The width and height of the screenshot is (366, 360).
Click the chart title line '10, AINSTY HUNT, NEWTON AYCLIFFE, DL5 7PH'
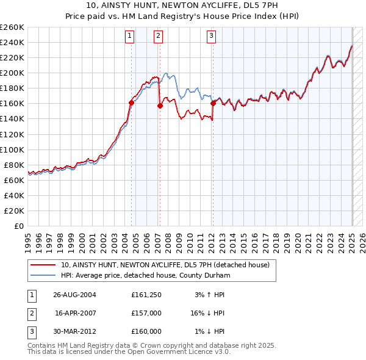(x=183, y=6)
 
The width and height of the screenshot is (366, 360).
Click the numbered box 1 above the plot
(x=131, y=37)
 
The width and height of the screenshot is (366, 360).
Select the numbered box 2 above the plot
(x=158, y=37)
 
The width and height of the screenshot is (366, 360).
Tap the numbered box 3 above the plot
(x=211, y=37)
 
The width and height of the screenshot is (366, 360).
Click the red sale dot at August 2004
(x=132, y=103)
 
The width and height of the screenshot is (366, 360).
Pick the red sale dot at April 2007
(x=160, y=106)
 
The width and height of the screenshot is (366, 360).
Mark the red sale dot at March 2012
(x=213, y=103)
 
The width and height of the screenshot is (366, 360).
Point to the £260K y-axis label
(x=12, y=27)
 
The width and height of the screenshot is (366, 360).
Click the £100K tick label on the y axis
(x=12, y=149)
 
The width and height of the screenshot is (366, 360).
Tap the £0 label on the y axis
(x=20, y=226)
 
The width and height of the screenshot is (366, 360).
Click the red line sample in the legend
(x=44, y=265)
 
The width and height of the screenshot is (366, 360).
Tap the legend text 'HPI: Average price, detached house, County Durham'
(x=144, y=275)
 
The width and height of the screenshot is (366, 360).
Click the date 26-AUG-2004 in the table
(x=74, y=295)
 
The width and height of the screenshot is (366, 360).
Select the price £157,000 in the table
(x=146, y=313)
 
